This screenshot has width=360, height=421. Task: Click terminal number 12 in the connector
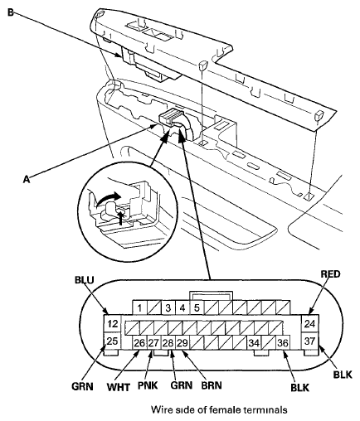[x=113, y=323]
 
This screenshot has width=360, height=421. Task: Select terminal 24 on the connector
[x=309, y=323]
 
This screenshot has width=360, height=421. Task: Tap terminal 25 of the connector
[x=113, y=341]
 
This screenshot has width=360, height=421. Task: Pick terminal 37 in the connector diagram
[x=309, y=341]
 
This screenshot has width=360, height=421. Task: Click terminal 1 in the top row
[x=140, y=307]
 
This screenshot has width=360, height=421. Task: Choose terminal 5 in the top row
[x=197, y=307]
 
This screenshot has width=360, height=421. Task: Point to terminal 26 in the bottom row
[x=139, y=343]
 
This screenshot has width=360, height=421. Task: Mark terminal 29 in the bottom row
[x=182, y=343]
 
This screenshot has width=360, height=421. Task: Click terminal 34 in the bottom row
[x=254, y=343]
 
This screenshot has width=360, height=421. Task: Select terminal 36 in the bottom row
[x=283, y=343]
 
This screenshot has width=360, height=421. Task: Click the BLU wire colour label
[x=85, y=280]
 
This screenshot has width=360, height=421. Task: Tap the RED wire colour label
[x=330, y=274]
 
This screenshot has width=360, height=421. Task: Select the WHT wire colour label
[x=119, y=388]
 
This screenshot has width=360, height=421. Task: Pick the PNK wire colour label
[x=148, y=385]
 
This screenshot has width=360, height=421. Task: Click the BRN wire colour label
[x=212, y=385]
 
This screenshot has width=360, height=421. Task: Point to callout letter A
[x=27, y=180]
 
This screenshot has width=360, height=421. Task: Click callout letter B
[x=11, y=12]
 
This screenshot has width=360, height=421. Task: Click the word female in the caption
[x=225, y=409]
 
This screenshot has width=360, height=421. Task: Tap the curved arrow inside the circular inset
[x=108, y=199]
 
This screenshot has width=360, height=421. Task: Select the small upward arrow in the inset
[x=120, y=217]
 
